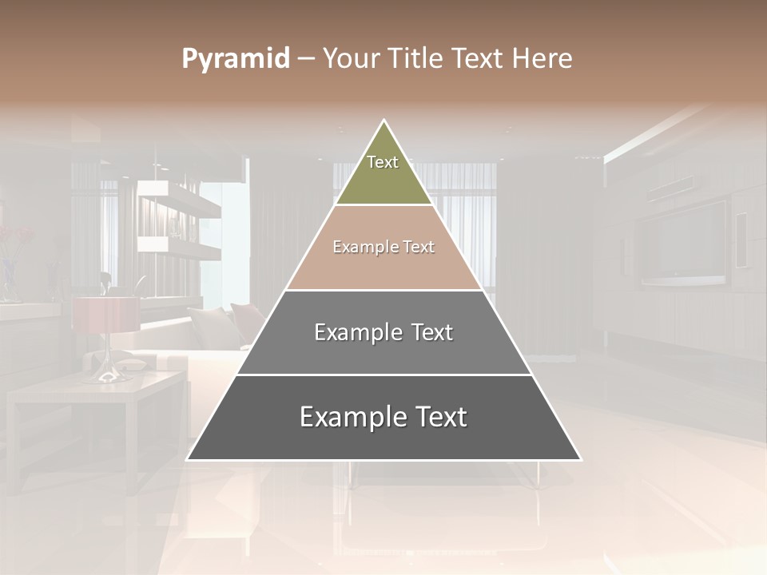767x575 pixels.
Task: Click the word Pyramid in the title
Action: [x=235, y=59]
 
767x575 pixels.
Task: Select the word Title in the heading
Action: [x=414, y=59]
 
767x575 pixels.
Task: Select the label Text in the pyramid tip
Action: [x=383, y=162]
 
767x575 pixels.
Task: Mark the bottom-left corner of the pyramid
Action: [x=188, y=460]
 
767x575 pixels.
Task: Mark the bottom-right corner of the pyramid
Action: [x=581, y=460]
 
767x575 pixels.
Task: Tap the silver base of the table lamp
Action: [x=105, y=371]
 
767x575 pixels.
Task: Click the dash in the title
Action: [x=306, y=59]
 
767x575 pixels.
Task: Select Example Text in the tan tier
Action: [x=383, y=247]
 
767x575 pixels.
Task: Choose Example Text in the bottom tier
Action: [x=383, y=417]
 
